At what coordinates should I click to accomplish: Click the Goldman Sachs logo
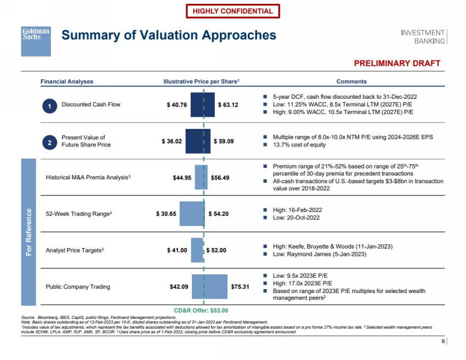click(x=36, y=40)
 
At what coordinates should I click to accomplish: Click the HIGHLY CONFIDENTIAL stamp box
click(x=233, y=11)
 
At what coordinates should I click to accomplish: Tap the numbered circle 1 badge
click(x=49, y=105)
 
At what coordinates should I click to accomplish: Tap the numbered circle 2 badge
click(x=49, y=141)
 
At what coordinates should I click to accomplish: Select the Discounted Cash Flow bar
click(x=202, y=105)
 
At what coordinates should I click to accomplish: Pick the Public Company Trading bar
click(x=209, y=286)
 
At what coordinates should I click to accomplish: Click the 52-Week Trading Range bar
click(x=192, y=214)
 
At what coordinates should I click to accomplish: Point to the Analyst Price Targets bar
click(x=197, y=250)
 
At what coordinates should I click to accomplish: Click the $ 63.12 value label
click(x=228, y=105)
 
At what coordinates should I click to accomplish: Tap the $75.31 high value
click(x=240, y=286)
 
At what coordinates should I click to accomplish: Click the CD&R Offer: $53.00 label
click(x=201, y=310)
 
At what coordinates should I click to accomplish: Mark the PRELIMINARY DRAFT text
click(x=397, y=63)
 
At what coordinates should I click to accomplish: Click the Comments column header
click(x=351, y=82)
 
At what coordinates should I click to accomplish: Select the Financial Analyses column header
click(x=67, y=82)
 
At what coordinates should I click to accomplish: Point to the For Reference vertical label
click(x=29, y=231)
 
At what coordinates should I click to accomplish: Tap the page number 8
click(x=444, y=342)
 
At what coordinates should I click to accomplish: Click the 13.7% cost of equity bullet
click(x=299, y=145)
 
